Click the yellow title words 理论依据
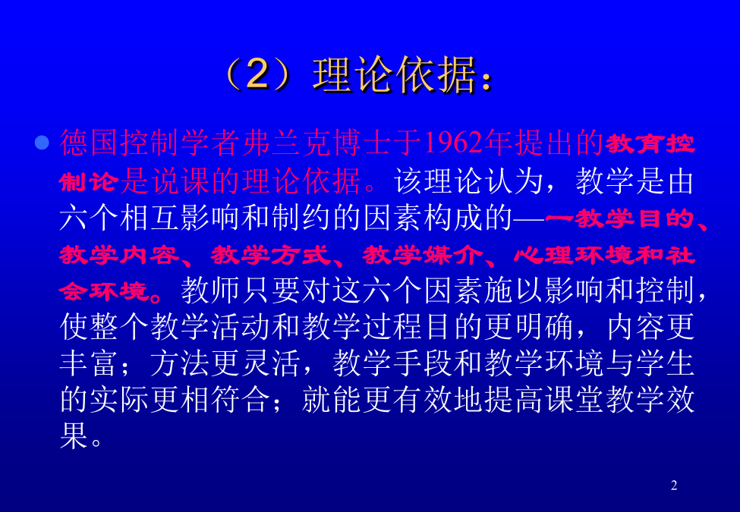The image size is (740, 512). [395, 74]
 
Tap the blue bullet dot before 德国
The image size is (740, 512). [42, 143]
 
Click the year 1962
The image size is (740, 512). [455, 143]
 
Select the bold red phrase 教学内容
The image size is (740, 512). [119, 256]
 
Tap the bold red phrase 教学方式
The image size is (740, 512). [270, 256]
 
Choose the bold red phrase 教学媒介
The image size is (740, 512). [423, 256]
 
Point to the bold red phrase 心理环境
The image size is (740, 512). [574, 256]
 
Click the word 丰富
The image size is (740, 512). [89, 363]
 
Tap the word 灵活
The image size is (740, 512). [271, 363]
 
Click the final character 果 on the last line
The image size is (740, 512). [74, 435]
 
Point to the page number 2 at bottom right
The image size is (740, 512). [674, 485]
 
